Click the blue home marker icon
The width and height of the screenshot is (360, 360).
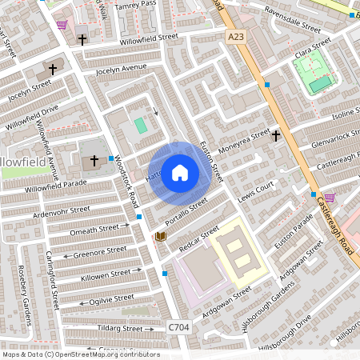pos(180,172)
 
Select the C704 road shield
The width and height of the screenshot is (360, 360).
pos(179,327)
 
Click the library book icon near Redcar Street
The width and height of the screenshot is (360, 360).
pos(160,237)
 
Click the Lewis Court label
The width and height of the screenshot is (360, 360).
pos(255,189)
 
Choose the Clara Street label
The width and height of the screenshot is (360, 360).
pos(313,46)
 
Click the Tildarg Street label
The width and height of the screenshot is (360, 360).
pos(120,329)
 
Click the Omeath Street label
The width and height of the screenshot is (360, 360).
pos(93,229)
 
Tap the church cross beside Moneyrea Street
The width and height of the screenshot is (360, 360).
pos(275,135)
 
